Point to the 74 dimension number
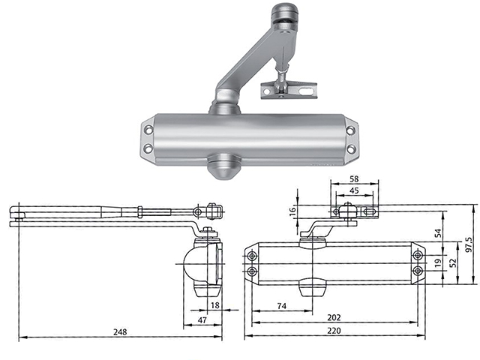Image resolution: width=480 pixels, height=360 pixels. tap(281, 305)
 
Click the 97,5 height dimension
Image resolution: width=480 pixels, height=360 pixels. tap(469, 244)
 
